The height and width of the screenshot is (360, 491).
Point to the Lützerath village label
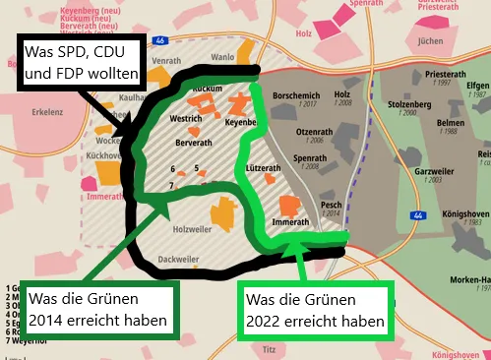[264, 168]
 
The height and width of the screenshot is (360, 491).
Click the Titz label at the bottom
[268, 348]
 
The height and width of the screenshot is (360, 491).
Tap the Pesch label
[331, 205]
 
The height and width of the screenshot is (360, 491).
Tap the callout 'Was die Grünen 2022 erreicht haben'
[317, 309]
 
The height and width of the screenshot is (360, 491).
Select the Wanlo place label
[223, 56]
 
